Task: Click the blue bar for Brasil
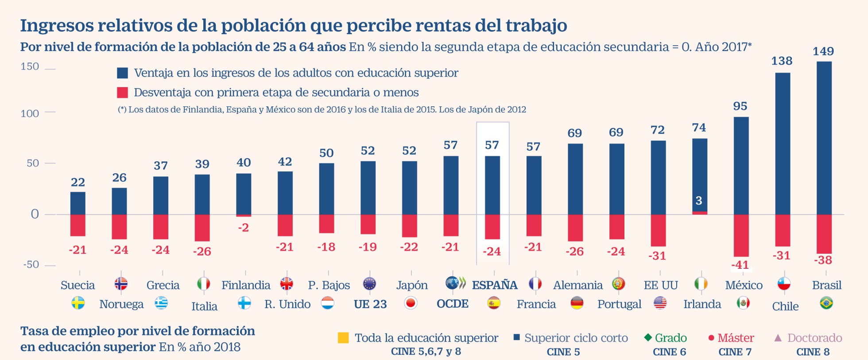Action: coord(824,138)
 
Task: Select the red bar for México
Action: coord(741,236)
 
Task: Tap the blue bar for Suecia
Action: coord(77,203)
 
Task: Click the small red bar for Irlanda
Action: coord(699,213)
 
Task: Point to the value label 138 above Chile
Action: coord(782,61)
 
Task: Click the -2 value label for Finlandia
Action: coord(243,228)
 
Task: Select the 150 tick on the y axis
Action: coord(30,67)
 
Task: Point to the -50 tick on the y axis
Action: coord(31,264)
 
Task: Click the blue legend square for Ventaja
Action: coord(122,73)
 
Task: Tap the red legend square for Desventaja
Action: coord(122,93)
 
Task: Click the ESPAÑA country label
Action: coord(495,285)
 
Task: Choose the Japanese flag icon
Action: coord(411,303)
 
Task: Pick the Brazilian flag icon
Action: coord(826,303)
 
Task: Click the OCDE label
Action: coord(453,304)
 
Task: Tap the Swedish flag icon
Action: coord(78,303)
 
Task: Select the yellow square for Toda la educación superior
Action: coord(343,338)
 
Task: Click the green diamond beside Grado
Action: coord(648,337)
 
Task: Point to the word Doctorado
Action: coord(815,338)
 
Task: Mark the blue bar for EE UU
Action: coord(658,178)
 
